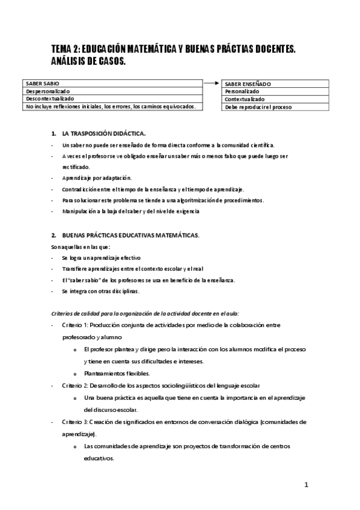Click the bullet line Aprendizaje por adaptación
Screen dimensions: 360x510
96,178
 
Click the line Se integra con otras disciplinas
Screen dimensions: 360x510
100,291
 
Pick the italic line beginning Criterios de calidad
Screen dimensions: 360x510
145,313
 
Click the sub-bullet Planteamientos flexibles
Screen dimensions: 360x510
117,373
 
